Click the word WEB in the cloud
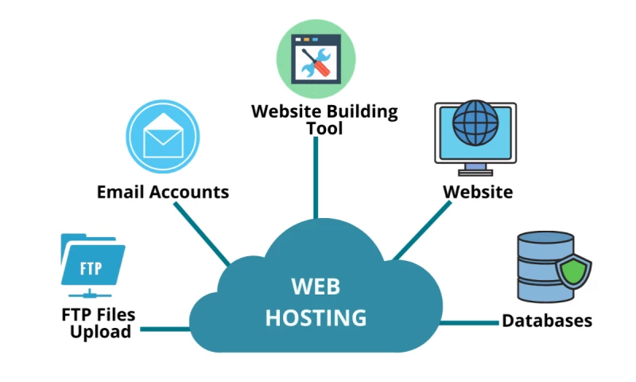click(316, 286)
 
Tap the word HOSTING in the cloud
click(316, 318)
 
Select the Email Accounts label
click(163, 192)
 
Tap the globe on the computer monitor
click(475, 122)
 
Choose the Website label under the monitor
click(478, 192)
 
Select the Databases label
click(547, 322)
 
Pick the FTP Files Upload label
click(99, 323)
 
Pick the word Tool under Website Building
click(324, 128)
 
